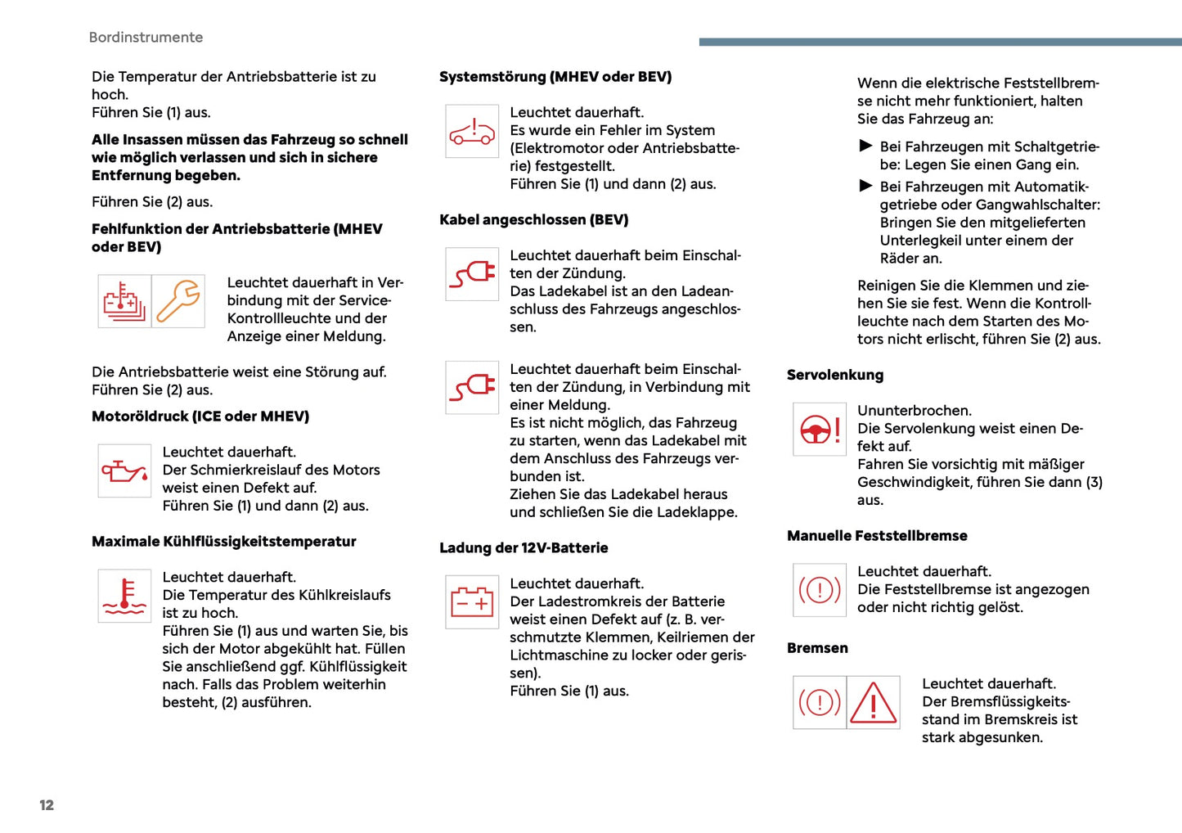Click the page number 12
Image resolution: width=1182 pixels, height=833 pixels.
pyautogui.click(x=47, y=805)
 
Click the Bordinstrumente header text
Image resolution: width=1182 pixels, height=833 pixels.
pyautogui.click(x=146, y=38)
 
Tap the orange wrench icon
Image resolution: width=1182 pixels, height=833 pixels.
pyautogui.click(x=178, y=301)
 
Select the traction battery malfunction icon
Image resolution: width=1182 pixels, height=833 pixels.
pyautogui.click(x=124, y=301)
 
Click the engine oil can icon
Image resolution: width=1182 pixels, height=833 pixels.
pyautogui.click(x=124, y=471)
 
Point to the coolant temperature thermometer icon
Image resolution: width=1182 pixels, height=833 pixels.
pyautogui.click(x=124, y=596)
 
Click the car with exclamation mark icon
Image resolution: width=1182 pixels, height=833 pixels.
pyautogui.click(x=472, y=131)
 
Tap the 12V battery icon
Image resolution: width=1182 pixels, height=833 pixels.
pyautogui.click(x=472, y=602)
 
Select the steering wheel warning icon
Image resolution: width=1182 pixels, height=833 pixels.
pyautogui.click(x=820, y=429)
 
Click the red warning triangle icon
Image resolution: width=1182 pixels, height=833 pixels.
pyautogui.click(x=873, y=702)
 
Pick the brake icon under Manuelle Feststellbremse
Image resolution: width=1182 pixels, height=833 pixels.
pyautogui.click(x=820, y=590)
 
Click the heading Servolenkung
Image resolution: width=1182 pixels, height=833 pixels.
pyautogui.click(x=835, y=376)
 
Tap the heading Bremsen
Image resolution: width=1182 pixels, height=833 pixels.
pyautogui.click(x=817, y=648)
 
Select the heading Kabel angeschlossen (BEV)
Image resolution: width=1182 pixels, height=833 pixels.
pyautogui.click(x=533, y=220)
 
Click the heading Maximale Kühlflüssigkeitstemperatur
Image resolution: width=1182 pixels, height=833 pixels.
pyautogui.click(x=223, y=542)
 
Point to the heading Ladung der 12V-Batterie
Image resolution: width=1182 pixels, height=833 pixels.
pyautogui.click(x=524, y=548)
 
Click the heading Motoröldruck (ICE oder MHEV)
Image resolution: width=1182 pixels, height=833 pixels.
pyautogui.click(x=200, y=416)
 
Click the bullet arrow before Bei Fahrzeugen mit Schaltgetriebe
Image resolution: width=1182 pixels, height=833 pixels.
pyautogui.click(x=866, y=146)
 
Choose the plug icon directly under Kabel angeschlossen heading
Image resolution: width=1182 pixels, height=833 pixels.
pyautogui.click(x=472, y=274)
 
